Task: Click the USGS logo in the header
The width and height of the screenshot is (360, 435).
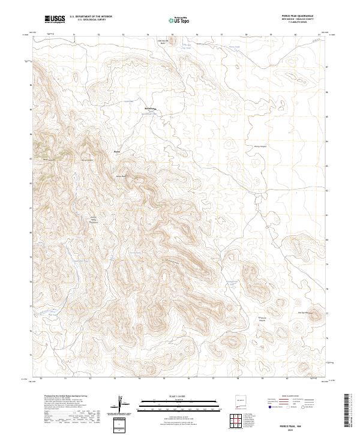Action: tap(55, 19)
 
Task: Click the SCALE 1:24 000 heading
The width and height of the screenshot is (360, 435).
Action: tap(173, 395)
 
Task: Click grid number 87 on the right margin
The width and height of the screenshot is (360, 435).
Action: tap(327, 67)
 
